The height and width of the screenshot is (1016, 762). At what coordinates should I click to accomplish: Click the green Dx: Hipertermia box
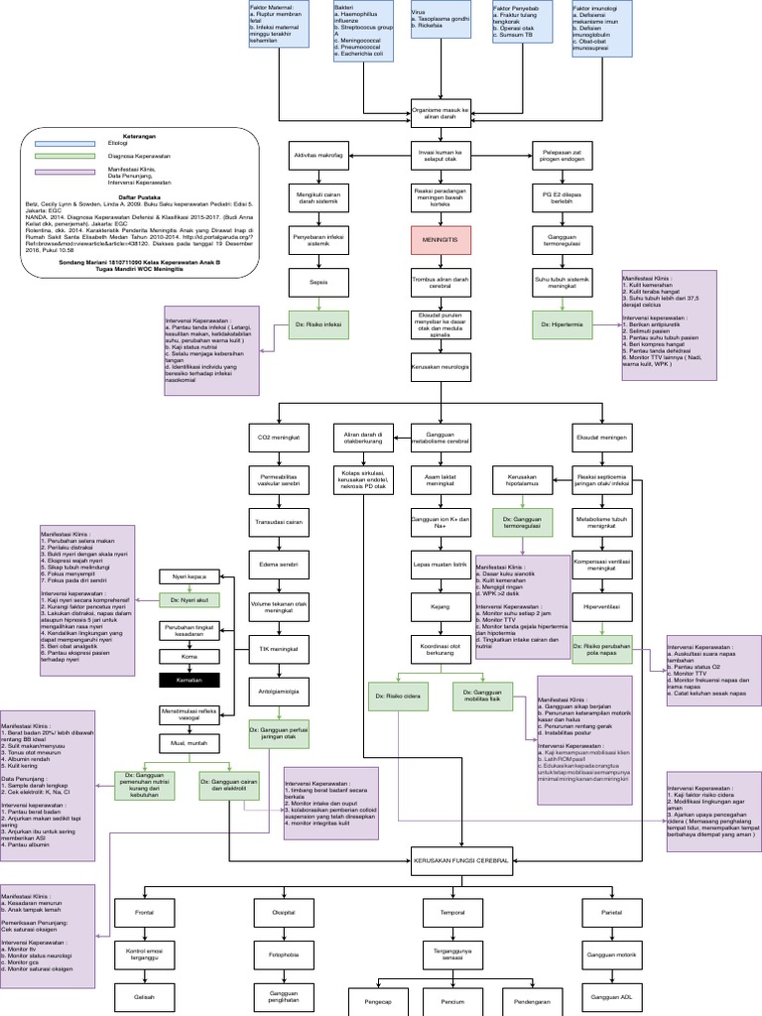tap(561, 324)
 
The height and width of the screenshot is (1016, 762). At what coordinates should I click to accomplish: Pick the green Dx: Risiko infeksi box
tap(318, 324)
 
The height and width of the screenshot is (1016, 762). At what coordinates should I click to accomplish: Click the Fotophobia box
tap(285, 954)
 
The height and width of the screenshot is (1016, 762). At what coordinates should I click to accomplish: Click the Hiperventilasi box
tap(602, 604)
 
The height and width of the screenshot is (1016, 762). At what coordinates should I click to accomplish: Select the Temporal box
tap(439, 911)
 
